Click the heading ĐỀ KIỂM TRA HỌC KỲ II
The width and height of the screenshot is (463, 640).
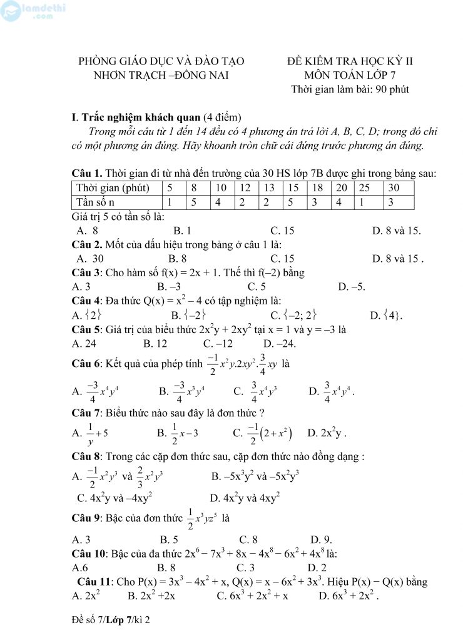(350, 61)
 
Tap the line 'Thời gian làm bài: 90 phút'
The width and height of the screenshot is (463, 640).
(350, 89)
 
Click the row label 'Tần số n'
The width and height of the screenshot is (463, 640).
(95, 201)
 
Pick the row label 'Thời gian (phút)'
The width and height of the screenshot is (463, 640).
(112, 187)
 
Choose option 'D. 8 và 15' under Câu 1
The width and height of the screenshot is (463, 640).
(396, 230)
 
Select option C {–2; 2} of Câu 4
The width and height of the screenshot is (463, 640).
(293, 314)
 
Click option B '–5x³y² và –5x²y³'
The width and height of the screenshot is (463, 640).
(255, 477)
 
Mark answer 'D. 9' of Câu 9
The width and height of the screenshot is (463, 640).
(321, 539)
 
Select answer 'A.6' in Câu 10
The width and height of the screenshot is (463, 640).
(80, 567)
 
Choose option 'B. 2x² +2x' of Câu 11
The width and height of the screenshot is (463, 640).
(151, 596)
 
